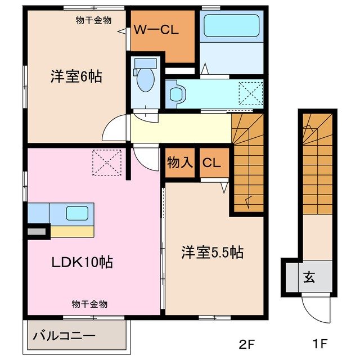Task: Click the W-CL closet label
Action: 156,31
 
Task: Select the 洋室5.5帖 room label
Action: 212,253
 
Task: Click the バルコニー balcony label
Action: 64,336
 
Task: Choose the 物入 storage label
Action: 179,164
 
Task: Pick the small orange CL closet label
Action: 211,164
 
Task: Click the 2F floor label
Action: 247,343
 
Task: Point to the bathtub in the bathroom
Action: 230,26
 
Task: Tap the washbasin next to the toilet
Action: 174,93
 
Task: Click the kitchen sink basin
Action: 77,213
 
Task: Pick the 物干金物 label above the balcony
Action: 89,304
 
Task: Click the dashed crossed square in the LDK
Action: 107,161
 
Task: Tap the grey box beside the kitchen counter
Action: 37,231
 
